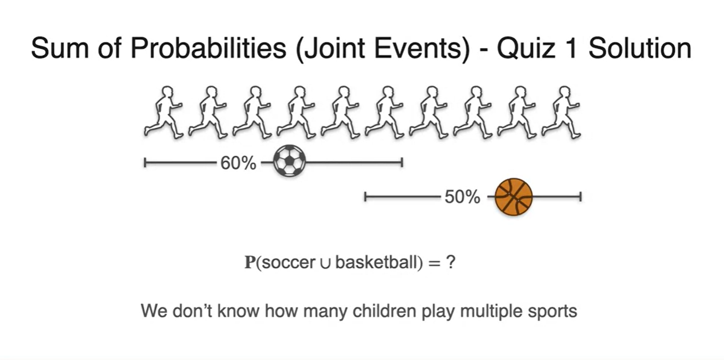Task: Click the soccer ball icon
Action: pos(289,161)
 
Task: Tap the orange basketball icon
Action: pos(514,197)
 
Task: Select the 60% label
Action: pos(238,163)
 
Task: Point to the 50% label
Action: pos(462,197)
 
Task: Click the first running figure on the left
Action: pos(164,112)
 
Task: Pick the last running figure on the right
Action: pos(561,112)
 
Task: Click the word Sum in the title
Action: pos(60,49)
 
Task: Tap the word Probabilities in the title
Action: pos(209,49)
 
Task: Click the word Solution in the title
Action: pos(640,49)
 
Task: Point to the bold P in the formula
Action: pos(250,262)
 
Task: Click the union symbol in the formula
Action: pos(325,264)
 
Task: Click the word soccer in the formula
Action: pos(289,263)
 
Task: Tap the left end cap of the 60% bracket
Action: pos(145,163)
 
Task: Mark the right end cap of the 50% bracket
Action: pos(580,197)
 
